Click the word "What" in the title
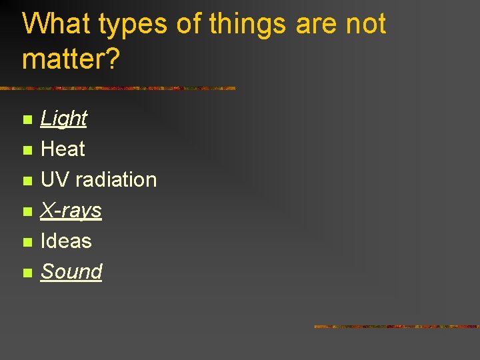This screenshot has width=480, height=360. pyautogui.click(x=57, y=24)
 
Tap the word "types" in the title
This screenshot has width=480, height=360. pyautogui.click(x=133, y=25)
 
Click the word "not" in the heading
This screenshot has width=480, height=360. pyautogui.click(x=365, y=24)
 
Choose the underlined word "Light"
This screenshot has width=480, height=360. pyautogui.click(x=64, y=119)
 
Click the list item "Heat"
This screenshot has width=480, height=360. pyautogui.click(x=63, y=149)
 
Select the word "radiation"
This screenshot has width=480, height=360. pyautogui.click(x=116, y=179)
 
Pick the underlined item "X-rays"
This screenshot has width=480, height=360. pyautogui.click(x=71, y=211)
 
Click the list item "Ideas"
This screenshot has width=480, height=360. pyautogui.click(x=66, y=241)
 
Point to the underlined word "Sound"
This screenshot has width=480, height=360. pyautogui.click(x=71, y=271)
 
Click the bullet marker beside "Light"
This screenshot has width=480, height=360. pyautogui.click(x=27, y=120)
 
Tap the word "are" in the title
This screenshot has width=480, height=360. pyautogui.click(x=312, y=25)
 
